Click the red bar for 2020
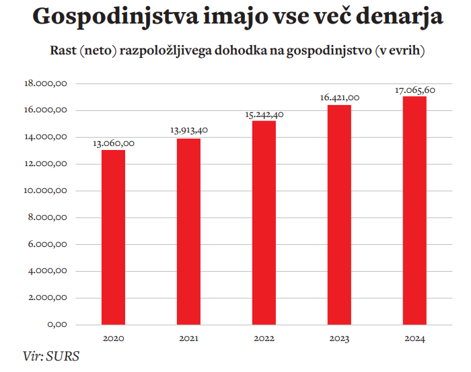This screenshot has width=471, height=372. pos(113,237)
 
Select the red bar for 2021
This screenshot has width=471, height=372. pos(188,231)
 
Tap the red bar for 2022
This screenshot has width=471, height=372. pos(264,223)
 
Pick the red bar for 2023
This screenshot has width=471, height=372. pos(339,215)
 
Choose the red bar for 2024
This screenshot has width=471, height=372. pos(414,211)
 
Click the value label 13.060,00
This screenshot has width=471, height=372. pos(114,143)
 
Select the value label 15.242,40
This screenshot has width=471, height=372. pos(264,114)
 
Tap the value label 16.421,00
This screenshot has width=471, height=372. pos(340,98)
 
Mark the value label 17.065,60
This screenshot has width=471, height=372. pos(415,89)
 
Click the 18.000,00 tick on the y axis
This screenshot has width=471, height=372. pos(46,83)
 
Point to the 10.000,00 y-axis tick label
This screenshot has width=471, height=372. pos(46,191)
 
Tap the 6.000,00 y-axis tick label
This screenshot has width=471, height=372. pos(48,244)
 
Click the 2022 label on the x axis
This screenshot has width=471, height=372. pos(264,338)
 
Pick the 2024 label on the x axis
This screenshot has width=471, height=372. pos(415,338)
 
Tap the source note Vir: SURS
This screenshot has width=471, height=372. pos(50,357)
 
